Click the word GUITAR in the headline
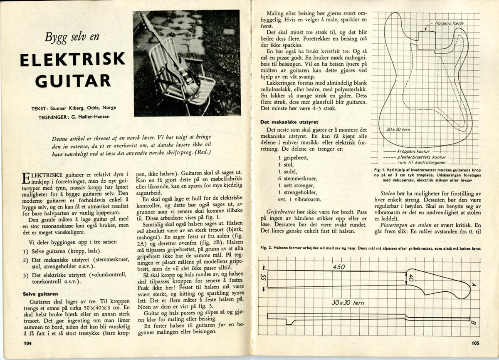[72, 80]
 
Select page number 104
[28, 343]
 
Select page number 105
[476, 343]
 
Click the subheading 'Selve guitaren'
[40, 294]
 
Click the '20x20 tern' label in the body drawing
[398, 130]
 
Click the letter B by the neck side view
[473, 323]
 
